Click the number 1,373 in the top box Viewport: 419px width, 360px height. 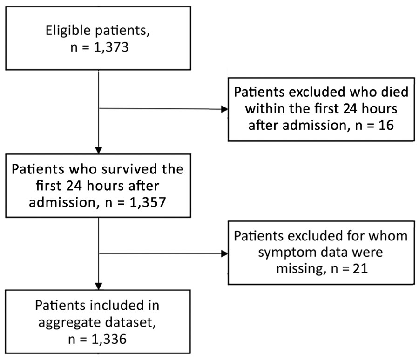click(111, 47)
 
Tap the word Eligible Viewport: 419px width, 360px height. click(68, 30)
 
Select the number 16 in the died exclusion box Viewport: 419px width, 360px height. click(386, 125)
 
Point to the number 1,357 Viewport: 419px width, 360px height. click(148, 202)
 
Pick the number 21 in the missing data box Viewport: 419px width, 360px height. click(360, 268)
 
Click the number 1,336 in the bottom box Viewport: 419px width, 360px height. click(109, 339)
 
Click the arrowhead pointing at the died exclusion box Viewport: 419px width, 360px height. click(225, 109)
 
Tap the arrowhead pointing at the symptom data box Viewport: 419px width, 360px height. click(225, 253)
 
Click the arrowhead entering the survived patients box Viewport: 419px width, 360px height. click(99, 150)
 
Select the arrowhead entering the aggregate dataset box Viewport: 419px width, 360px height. click(99, 287)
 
